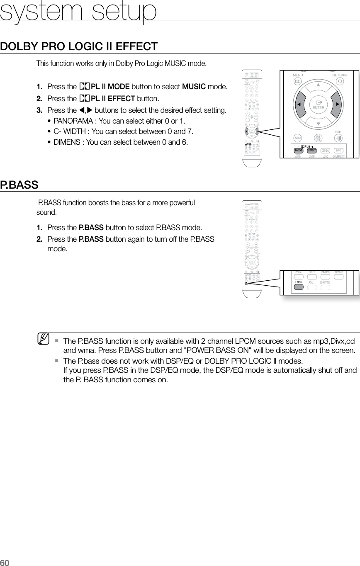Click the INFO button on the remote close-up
pos(338,150)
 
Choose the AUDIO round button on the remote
pos(297,138)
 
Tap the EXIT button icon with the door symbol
pos(338,138)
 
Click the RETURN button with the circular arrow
pos(340,81)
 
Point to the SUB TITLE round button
pos(318,138)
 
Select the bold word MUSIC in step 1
pos(194,87)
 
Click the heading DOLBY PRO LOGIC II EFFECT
pos(79,46)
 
